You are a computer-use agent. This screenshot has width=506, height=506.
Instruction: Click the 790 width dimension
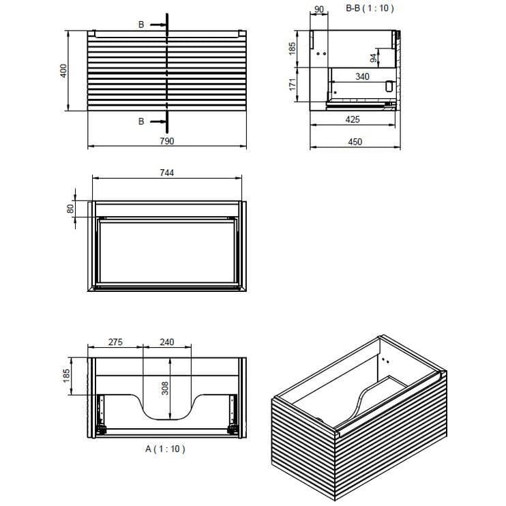[167, 140]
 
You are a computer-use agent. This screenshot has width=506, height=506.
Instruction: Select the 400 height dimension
[63, 70]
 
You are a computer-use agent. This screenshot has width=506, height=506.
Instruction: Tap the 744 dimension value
[167, 173]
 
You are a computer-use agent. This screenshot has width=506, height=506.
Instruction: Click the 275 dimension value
[115, 342]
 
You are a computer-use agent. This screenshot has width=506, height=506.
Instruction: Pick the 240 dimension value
[168, 342]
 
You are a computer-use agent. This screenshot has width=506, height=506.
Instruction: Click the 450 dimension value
[355, 142]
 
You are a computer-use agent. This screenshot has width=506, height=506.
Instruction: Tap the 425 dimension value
[352, 119]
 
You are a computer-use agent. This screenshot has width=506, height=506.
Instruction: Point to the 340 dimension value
[362, 77]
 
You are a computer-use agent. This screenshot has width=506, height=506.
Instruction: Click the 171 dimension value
[292, 85]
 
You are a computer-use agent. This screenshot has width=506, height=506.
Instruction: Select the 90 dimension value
[317, 10]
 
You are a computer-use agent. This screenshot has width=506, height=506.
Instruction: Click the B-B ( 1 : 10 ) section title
[370, 9]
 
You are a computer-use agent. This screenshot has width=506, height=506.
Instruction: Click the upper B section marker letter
[141, 25]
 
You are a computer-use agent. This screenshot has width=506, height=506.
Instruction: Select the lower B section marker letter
[141, 121]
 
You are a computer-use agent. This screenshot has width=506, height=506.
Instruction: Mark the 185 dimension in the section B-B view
[292, 49]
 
